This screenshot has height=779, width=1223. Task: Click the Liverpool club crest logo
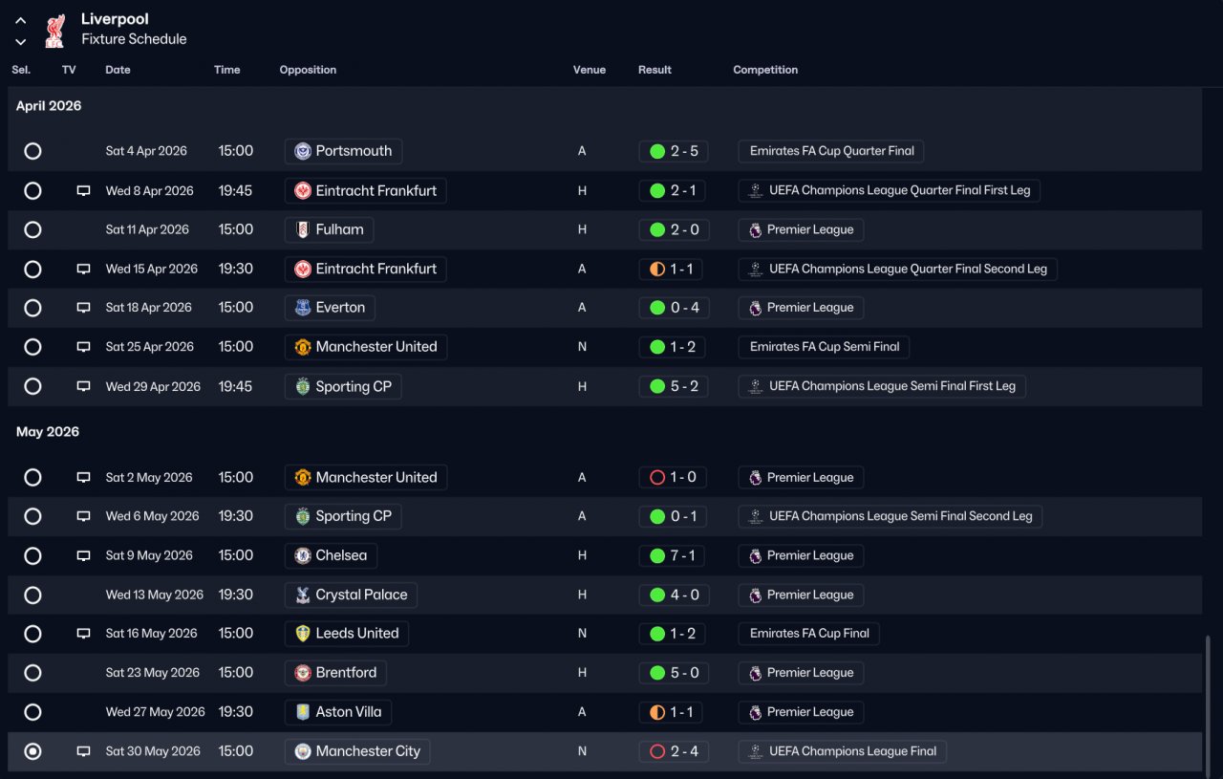coord(54,31)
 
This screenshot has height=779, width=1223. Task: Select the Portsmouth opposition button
coord(343,151)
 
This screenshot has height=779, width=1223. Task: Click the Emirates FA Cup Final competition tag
coord(808,634)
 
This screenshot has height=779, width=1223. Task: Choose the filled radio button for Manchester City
coord(32,751)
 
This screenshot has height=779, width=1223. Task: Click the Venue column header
coord(590,70)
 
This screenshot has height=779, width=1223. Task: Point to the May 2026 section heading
coord(48,432)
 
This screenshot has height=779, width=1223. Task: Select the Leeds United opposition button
coord(347,634)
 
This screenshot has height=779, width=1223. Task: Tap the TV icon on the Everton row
coord(83,308)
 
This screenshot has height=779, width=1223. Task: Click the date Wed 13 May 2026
coord(155,595)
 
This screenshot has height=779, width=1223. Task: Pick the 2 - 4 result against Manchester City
coord(674,751)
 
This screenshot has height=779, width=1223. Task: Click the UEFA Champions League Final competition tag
coord(842,751)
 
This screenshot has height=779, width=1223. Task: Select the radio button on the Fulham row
coord(32,230)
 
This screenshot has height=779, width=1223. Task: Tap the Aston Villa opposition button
coord(338,712)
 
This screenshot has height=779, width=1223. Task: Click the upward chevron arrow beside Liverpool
coord(21,21)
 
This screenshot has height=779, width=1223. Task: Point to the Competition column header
coord(765,70)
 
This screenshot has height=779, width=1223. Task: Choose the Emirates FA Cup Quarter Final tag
coord(830,151)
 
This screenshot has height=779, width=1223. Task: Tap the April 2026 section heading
coord(49,106)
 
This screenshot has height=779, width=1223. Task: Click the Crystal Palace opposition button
coord(351,595)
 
